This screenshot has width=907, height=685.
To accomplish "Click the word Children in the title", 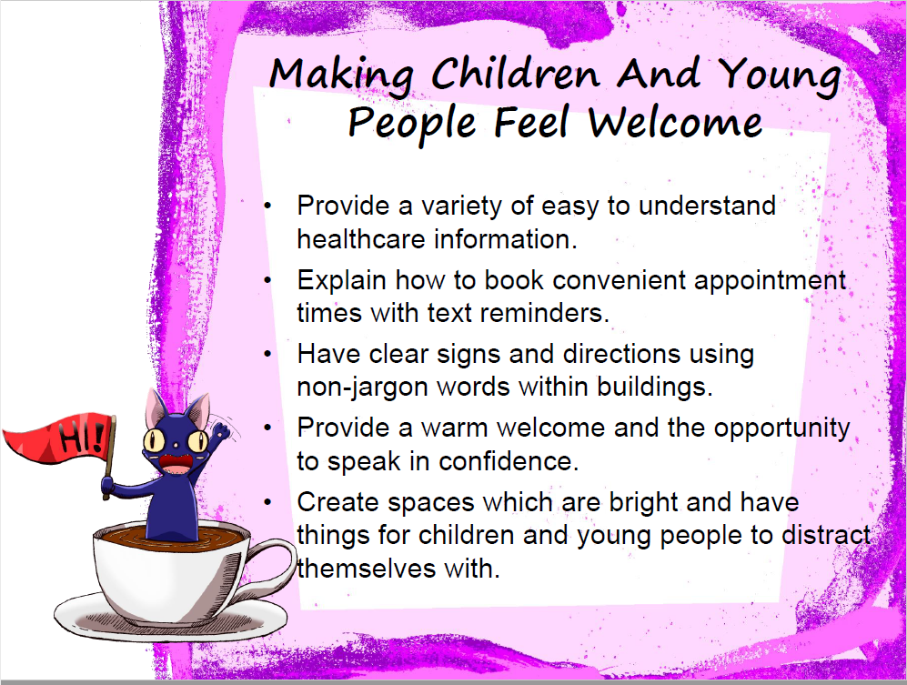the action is click(516, 74).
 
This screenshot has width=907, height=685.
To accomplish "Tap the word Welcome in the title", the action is click(675, 122).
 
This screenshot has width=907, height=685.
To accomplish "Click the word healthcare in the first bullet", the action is click(361, 239).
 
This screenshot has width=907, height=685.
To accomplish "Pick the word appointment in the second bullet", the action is click(770, 281).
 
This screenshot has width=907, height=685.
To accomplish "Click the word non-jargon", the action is click(363, 388).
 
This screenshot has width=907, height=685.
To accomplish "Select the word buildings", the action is click(654, 388).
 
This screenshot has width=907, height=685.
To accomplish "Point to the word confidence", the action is click(509, 462).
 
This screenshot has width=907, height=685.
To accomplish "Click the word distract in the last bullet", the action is click(826, 535).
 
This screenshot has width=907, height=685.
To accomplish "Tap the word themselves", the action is click(366, 569).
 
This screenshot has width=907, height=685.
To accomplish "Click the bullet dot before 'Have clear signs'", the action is click(267, 354).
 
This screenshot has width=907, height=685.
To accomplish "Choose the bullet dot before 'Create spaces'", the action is click(267, 501).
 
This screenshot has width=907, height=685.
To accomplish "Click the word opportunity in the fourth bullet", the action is click(781, 429).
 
